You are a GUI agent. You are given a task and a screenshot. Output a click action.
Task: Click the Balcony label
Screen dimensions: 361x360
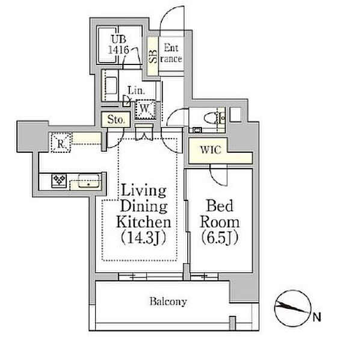click(x=168, y=302)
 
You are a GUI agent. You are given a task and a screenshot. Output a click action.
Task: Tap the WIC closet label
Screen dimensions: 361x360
click(x=211, y=150)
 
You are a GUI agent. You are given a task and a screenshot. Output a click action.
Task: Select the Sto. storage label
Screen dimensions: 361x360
click(x=116, y=120)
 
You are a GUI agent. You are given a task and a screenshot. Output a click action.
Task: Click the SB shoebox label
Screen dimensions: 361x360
click(x=153, y=57)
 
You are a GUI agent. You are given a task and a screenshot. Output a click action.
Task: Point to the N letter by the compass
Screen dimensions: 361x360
click(x=317, y=318)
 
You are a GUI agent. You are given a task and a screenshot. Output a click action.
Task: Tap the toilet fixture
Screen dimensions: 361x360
click(x=214, y=119)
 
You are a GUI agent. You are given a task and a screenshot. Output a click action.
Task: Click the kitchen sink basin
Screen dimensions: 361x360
click(x=89, y=181)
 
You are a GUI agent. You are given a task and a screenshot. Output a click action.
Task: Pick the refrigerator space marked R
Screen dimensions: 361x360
click(x=61, y=143)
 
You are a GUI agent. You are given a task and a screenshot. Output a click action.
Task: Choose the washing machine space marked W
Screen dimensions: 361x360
click(x=145, y=109)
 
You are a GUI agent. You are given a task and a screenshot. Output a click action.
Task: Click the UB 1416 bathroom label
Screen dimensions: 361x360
click(x=119, y=45)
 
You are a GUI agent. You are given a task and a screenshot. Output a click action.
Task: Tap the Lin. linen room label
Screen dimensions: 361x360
click(x=137, y=90)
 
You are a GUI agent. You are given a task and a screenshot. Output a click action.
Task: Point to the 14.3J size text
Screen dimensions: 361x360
click(x=143, y=238)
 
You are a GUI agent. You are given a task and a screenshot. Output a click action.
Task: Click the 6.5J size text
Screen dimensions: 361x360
click(x=220, y=238)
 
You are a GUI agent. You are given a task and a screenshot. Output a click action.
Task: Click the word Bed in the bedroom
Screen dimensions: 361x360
click(x=220, y=206)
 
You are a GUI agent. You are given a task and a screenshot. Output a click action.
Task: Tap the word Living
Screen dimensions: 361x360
click(x=144, y=191)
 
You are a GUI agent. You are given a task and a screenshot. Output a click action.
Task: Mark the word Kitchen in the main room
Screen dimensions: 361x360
click(x=143, y=222)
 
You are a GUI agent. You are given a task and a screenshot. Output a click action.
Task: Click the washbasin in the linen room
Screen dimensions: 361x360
click(x=111, y=85)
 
